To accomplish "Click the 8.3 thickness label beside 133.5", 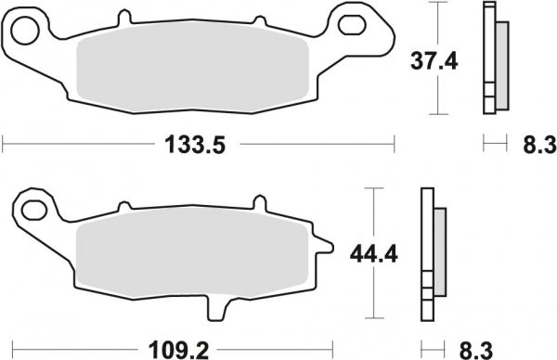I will pyautogui.click(x=534, y=144).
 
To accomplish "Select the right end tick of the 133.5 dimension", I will pyautogui.click(x=395, y=144).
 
